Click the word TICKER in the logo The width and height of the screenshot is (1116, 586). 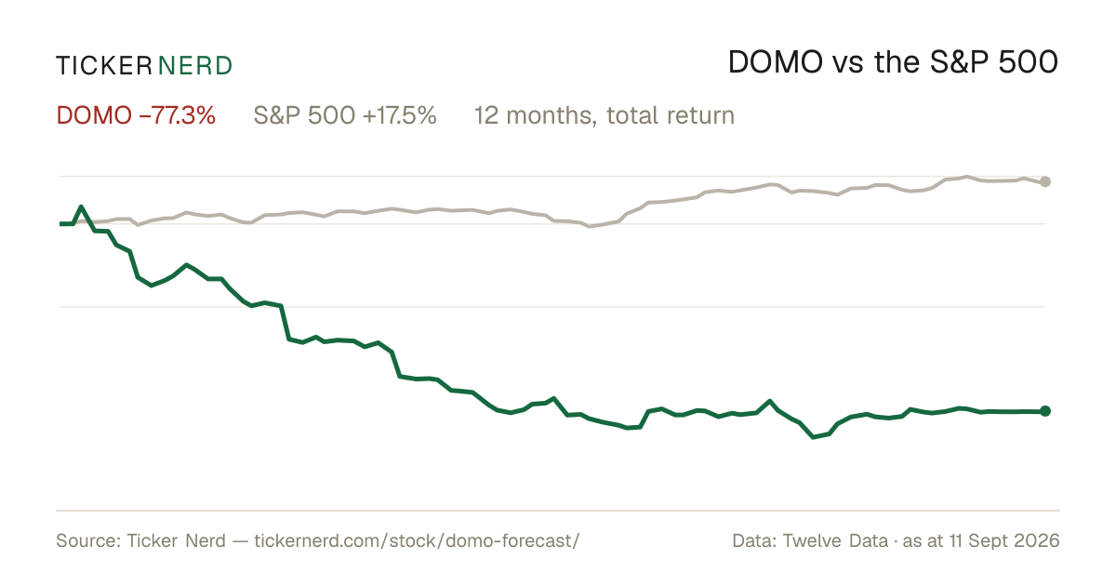[x=104, y=66]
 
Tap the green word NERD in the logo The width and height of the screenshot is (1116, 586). [x=194, y=66]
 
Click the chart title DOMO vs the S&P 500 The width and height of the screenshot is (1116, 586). [x=893, y=62]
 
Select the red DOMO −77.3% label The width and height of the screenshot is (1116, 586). [x=136, y=115]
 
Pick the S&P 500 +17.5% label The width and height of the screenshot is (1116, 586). [x=345, y=115]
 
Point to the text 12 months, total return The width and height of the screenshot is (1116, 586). [x=604, y=116]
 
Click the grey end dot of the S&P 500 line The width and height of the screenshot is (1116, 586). [x=1045, y=182]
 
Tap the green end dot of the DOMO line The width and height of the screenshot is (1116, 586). [x=1045, y=411]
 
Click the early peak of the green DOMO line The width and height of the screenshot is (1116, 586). [x=81, y=206]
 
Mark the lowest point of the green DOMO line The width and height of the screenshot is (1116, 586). [x=813, y=437]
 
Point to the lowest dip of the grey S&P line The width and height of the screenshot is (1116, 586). [x=590, y=226]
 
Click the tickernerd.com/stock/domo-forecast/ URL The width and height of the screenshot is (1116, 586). [x=417, y=540]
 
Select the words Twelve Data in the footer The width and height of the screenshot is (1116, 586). [x=835, y=540]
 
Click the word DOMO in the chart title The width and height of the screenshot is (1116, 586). [x=776, y=62]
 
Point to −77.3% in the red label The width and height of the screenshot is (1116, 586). [x=178, y=115]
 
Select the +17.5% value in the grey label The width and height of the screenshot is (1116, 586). [x=400, y=115]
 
